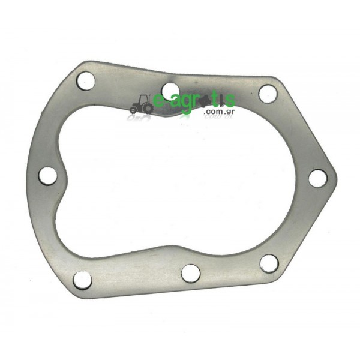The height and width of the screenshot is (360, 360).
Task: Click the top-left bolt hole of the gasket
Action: click(86, 81)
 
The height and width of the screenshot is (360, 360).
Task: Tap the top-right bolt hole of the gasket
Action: click(268, 94)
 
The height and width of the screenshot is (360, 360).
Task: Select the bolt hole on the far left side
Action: click(47, 176)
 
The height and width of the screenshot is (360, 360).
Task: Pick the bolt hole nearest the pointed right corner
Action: click(317, 178)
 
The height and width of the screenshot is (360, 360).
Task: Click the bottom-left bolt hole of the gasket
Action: click(82, 280)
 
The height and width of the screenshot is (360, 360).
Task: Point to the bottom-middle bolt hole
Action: click(191, 274)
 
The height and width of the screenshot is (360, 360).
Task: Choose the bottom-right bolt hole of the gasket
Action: click(269, 263)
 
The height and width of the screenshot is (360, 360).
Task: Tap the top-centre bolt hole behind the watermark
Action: click(170, 90)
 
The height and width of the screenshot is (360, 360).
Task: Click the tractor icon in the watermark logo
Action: click(141, 104)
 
